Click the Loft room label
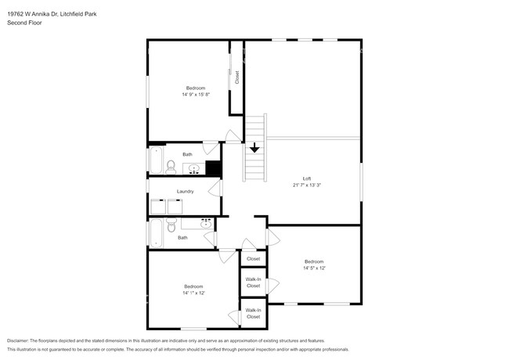click(x=307, y=178)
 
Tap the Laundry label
click(x=185, y=192)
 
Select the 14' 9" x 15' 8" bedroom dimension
click(x=196, y=95)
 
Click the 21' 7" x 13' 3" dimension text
click(x=307, y=185)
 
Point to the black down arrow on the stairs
click(x=254, y=148)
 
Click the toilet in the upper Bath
click(x=171, y=167)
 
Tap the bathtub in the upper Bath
click(x=156, y=160)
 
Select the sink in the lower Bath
click(x=206, y=224)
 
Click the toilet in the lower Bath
click(x=171, y=225)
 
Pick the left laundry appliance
click(x=158, y=207)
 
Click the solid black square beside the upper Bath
click(x=213, y=168)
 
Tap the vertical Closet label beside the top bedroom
click(x=236, y=77)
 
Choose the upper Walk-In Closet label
click(x=253, y=283)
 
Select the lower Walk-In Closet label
click(x=253, y=313)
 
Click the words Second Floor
click(x=24, y=23)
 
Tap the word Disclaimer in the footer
click(x=18, y=340)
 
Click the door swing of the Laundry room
click(x=215, y=189)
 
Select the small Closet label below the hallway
click(x=253, y=259)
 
